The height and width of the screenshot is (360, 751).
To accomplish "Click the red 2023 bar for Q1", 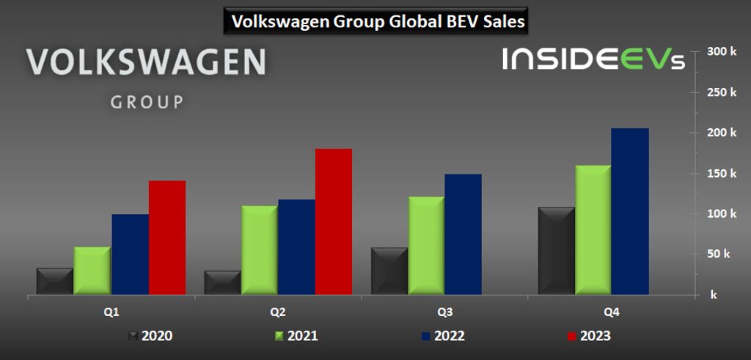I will click(x=167, y=238).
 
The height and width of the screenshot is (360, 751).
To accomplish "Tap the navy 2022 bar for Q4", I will click(x=630, y=212).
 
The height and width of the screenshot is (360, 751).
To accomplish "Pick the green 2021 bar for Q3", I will click(x=426, y=246).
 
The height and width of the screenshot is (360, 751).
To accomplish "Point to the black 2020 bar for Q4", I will click(x=557, y=251).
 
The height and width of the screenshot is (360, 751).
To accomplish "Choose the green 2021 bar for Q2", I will click(x=259, y=250).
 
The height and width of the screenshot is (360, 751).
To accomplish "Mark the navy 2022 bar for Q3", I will click(x=463, y=235).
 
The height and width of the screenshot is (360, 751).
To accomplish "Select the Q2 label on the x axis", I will click(x=278, y=312).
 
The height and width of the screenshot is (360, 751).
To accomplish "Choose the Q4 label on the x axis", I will click(x=611, y=312).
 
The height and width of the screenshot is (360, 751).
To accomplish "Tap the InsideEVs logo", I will click(x=593, y=59).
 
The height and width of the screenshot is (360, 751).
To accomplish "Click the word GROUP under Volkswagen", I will click(x=147, y=102).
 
